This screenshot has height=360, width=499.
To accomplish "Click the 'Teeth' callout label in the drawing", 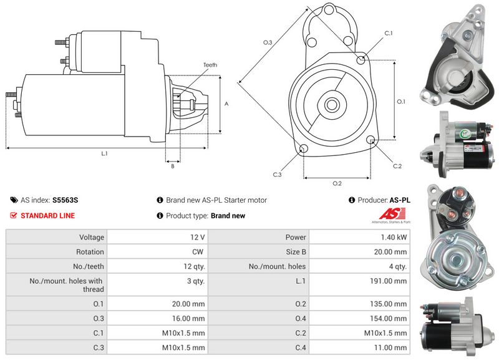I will tap(210, 65).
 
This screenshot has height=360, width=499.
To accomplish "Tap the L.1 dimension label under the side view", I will tap(104, 153).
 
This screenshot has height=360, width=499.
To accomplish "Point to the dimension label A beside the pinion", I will tap(226, 104).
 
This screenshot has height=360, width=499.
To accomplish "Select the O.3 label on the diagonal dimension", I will tap(268, 42).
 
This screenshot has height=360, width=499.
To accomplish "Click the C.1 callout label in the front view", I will tap(388, 32).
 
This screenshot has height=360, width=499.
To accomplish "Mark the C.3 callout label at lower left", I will tap(278, 175).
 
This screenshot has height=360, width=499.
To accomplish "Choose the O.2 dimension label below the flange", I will tap(337, 183).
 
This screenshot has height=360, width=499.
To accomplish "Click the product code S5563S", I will tap(65, 200).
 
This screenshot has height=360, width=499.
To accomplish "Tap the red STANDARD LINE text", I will tap(47, 216).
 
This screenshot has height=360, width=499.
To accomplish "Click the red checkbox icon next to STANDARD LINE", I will tap(14, 216).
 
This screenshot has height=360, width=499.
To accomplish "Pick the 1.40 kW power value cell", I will tap(395, 237).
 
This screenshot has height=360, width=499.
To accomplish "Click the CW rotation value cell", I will tap(200, 252).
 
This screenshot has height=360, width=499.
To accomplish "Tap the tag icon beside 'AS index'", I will tap(14, 200).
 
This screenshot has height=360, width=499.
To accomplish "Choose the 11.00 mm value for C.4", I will tap(392, 348).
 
